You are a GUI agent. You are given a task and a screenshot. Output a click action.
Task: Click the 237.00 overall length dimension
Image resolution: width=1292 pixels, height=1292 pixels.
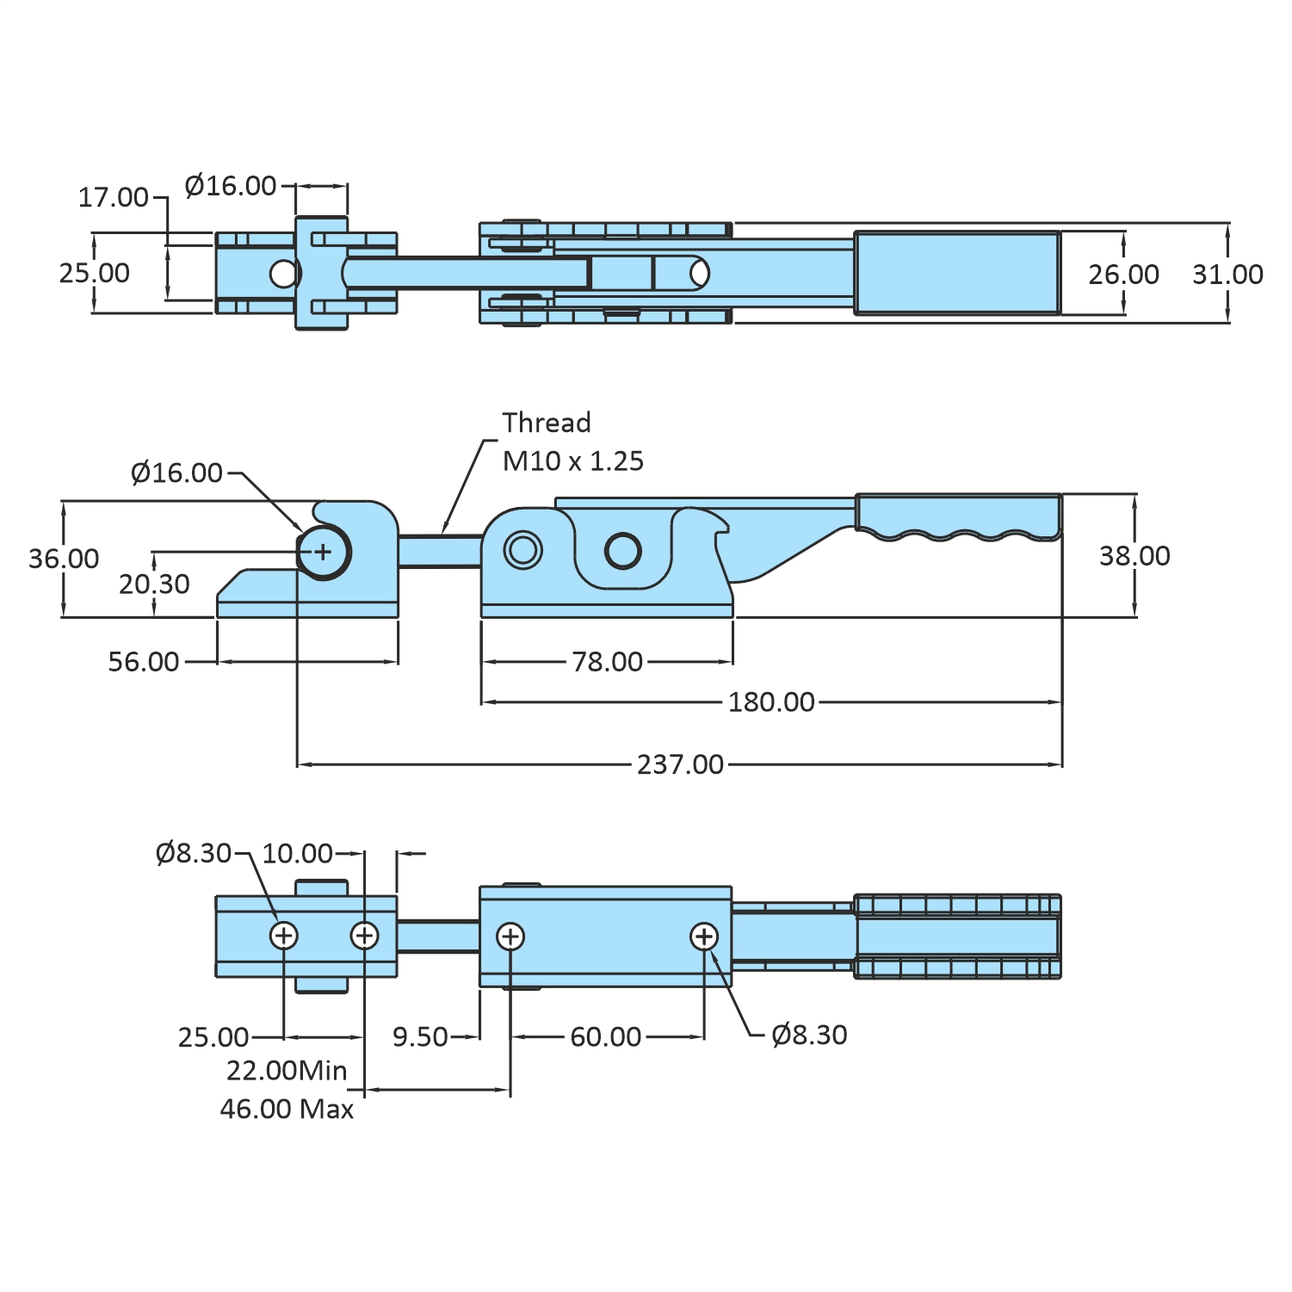(x=680, y=764)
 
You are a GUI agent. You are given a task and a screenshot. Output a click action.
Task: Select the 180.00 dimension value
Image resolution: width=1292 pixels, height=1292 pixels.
(x=771, y=702)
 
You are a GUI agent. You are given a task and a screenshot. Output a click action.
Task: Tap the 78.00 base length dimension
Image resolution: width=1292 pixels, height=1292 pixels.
(x=608, y=662)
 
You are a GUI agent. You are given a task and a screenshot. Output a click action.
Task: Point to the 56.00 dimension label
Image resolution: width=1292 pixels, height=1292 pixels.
(x=144, y=662)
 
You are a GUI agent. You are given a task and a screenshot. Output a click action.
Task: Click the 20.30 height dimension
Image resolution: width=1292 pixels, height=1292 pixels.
(x=154, y=584)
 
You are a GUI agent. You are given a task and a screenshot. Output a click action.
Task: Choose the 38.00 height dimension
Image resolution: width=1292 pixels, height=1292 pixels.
(x=1134, y=556)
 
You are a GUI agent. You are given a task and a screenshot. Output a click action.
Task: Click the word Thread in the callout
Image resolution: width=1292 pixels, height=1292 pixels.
(x=547, y=423)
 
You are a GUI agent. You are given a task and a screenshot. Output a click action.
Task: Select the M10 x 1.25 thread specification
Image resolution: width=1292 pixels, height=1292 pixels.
(x=573, y=461)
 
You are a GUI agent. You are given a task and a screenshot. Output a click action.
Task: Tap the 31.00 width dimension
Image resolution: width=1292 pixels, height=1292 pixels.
(x=1227, y=275)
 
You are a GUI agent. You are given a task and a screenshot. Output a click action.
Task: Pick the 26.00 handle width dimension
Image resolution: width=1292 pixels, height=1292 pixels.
(x=1123, y=275)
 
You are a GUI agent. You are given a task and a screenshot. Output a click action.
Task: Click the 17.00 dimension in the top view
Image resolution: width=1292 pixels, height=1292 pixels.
(x=114, y=197)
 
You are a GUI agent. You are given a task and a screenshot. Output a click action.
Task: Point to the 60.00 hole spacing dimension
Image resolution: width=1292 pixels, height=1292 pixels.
(x=606, y=1036)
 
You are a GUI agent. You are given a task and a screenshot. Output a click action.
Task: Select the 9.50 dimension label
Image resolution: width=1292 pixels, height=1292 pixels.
(x=420, y=1036)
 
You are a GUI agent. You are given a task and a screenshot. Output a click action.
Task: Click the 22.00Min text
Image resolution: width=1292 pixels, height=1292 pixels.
(x=287, y=1071)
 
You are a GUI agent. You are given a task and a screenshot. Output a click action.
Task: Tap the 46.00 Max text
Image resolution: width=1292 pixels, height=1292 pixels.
(x=287, y=1109)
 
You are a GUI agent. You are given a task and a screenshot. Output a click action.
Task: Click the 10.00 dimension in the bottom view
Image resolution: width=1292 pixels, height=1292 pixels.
(x=297, y=853)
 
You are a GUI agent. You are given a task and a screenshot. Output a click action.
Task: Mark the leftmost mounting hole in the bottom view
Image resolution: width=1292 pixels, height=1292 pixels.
(x=284, y=936)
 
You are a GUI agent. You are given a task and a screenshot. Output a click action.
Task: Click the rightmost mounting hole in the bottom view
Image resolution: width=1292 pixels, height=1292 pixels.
(x=704, y=937)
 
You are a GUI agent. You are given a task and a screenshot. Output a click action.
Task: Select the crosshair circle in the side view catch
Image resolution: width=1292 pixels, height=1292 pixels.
(x=323, y=552)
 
